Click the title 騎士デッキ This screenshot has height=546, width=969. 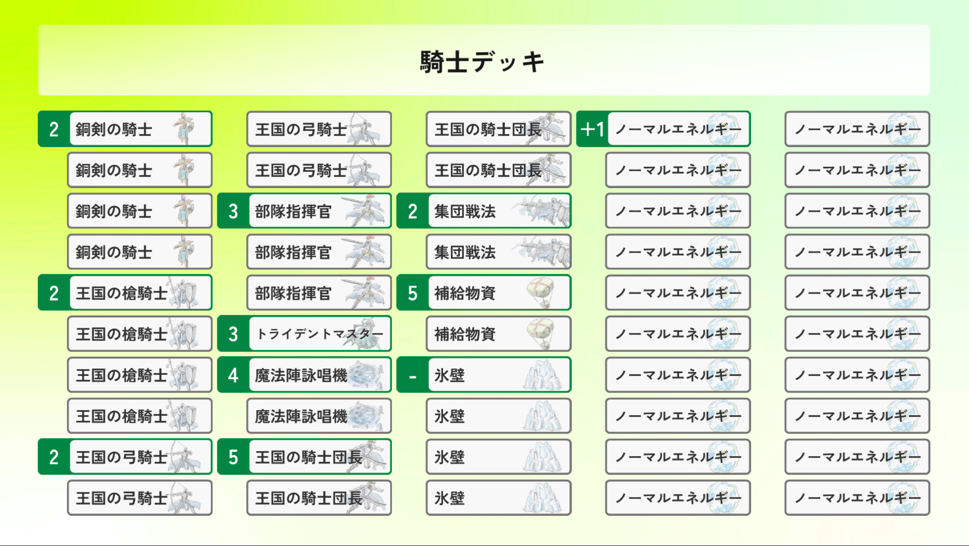coord(482,61)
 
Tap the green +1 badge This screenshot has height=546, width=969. coord(592,129)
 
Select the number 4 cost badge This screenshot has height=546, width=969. coord(233,375)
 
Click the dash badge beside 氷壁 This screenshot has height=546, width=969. coord(413,375)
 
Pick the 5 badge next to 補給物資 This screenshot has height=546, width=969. coord(413,293)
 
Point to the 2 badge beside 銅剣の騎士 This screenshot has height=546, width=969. coord(54,129)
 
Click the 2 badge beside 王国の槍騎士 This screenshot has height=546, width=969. coord(54,293)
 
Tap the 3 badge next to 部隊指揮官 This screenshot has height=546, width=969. coord(233,211)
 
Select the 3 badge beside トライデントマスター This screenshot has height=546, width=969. coord(233,334)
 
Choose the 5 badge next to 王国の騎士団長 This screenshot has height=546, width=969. coord(233,457)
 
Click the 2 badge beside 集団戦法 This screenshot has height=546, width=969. coord(413,211)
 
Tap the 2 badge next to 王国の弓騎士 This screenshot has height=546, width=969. coord(54,457)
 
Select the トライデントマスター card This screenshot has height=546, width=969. coord(319,334)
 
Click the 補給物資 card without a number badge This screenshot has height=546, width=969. coord(499,334)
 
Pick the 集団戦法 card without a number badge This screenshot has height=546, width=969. coord(499,252)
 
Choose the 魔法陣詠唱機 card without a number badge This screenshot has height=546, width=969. coord(319,416)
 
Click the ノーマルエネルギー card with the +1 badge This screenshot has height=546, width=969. coord(678,129)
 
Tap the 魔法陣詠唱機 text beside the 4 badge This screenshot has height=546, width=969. coord(301,375)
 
